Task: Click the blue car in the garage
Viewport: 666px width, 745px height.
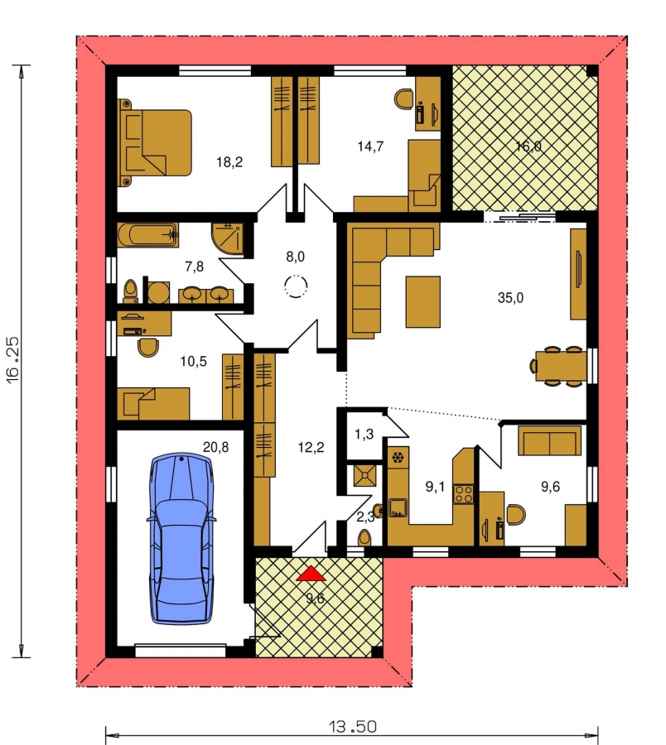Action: pos(181,538)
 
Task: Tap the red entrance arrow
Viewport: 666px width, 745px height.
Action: pos(311,574)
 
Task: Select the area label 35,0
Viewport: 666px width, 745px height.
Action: pos(510,298)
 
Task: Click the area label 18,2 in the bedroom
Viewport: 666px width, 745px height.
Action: pos(229,162)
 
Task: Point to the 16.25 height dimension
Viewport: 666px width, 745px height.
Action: pos(12,360)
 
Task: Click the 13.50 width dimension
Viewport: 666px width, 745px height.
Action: pos(353,727)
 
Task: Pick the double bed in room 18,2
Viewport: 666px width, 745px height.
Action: pos(155,143)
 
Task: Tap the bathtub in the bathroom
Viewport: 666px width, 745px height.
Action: pos(147,235)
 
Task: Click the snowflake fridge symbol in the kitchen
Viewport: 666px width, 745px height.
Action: pos(398,458)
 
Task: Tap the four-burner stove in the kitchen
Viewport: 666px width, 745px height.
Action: pos(464,493)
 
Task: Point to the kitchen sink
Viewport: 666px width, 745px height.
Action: pos(398,507)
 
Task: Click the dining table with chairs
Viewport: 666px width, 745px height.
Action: pos(558,366)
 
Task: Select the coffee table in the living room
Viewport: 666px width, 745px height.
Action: pos(422,302)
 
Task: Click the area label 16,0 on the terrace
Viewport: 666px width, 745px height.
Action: pos(528,147)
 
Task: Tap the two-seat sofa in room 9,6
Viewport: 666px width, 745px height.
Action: pos(549,441)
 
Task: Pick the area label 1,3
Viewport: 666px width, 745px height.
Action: pos(364,434)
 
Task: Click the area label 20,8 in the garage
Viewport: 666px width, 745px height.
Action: pos(216,447)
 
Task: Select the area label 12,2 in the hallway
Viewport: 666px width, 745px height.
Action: pos(311,447)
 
